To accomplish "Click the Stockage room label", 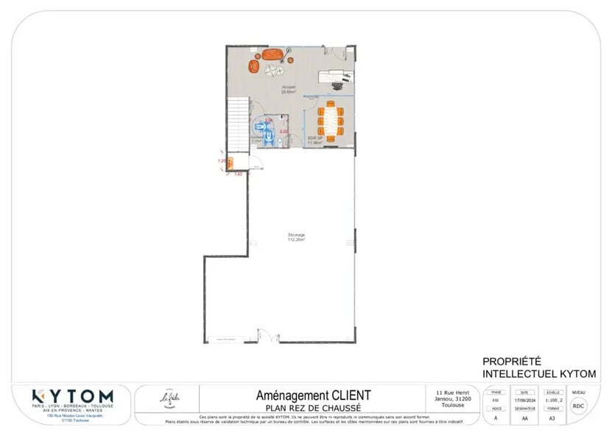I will click(x=296, y=236).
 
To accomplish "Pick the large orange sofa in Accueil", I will click(x=272, y=54).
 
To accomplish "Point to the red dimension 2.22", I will click(x=284, y=130).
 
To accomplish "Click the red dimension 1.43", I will click(x=238, y=174).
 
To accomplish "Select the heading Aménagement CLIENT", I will click(x=313, y=395).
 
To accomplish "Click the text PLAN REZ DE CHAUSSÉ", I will click(x=313, y=407).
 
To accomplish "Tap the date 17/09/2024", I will click(x=524, y=401).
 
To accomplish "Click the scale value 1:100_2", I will click(x=552, y=401).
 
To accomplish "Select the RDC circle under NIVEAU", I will click(x=579, y=406).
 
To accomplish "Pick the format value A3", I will click(x=552, y=418).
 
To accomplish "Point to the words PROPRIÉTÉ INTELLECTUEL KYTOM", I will click(x=539, y=367).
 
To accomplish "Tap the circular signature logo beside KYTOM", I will click(x=169, y=398).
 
